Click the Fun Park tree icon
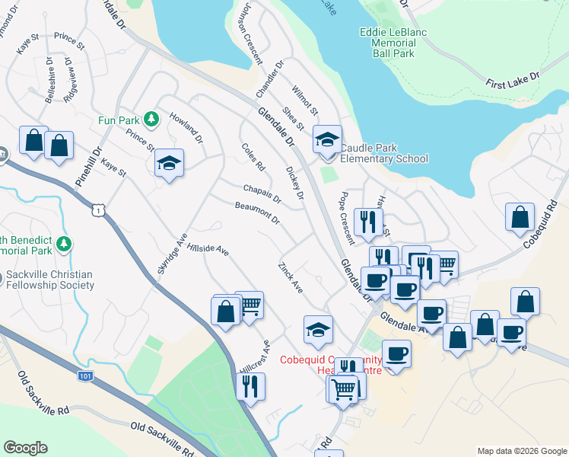click(x=151, y=120)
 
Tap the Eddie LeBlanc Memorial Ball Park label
click(x=397, y=43)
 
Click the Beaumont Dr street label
click(x=258, y=213)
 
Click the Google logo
click(x=25, y=448)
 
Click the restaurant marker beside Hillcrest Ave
click(x=250, y=386)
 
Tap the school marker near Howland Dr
click(x=169, y=163)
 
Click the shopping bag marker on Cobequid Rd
click(x=520, y=216)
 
